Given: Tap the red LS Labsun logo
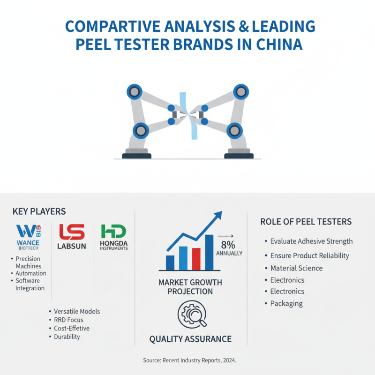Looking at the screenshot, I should (x=72, y=232).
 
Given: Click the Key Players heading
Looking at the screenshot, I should (x=39, y=211).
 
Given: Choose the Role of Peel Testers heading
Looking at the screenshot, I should (x=306, y=221).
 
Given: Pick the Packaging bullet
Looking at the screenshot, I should (x=286, y=303).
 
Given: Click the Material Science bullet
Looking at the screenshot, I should (x=296, y=268).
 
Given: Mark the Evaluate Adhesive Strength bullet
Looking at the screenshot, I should (x=311, y=241).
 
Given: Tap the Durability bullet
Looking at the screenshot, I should (x=67, y=337).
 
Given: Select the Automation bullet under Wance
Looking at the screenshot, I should (x=31, y=273).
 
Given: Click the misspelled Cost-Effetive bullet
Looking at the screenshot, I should (x=72, y=328).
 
